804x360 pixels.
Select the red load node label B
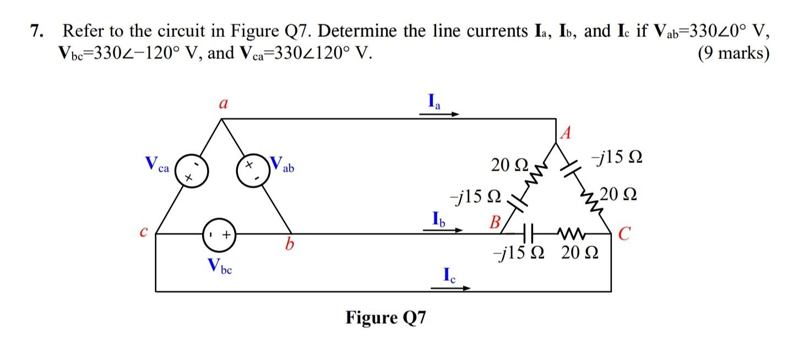pos(496,223)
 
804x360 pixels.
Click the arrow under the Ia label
pos(439,115)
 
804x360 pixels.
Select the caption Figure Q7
pos(385,318)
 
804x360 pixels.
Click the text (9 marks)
pos(732,53)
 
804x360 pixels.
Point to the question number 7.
pos(36,32)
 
